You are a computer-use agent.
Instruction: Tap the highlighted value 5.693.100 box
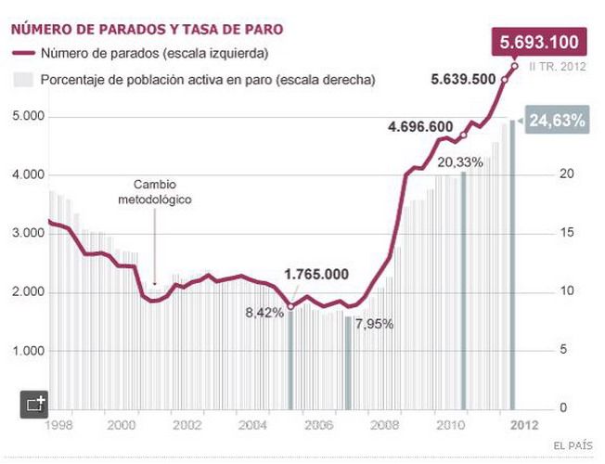[539, 42]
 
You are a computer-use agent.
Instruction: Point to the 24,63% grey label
[557, 121]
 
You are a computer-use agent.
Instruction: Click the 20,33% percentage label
[459, 161]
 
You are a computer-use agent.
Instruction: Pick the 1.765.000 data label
[316, 274]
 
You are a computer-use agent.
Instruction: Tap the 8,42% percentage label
[264, 313]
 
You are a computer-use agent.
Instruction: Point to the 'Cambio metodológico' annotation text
[154, 191]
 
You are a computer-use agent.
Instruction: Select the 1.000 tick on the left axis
[32, 351]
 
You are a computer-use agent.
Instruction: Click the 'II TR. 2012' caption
[556, 67]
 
